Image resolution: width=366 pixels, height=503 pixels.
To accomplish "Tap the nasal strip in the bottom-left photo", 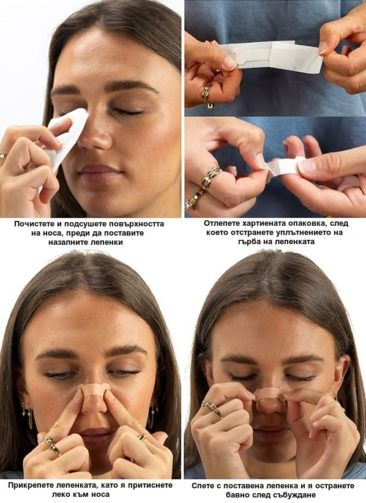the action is (94, 390).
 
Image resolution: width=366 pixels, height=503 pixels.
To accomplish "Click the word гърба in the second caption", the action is (250, 241).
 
